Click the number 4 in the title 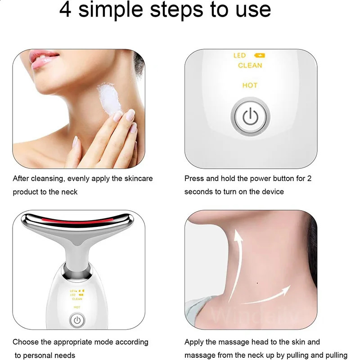(66, 10)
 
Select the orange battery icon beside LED (260, 56)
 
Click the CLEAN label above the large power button (250, 66)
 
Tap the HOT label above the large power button (250, 85)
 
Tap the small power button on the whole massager (77, 320)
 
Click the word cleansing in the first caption (47, 179)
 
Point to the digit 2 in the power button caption (309, 178)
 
